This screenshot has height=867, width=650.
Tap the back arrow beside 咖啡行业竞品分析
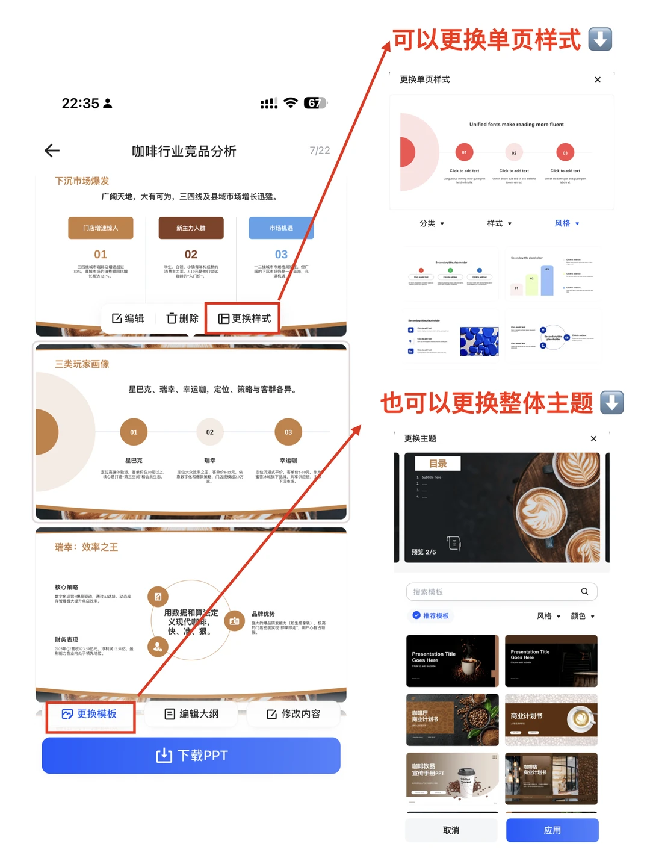52,151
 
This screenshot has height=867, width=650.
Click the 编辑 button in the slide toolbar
128,319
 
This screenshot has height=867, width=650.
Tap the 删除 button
182,319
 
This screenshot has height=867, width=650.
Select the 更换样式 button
244,319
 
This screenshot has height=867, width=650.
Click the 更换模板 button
90,714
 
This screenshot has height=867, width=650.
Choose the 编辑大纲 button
192,714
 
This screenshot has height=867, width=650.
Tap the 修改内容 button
294,714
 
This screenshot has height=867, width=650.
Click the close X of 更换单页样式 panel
598,79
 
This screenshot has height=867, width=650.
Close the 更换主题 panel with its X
593,438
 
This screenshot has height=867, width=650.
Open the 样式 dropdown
500,223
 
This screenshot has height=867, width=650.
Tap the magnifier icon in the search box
584,592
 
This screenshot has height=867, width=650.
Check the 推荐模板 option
431,615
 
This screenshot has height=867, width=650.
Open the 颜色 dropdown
583,616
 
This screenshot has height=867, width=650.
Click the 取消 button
451,830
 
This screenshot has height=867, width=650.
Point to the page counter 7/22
320,151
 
